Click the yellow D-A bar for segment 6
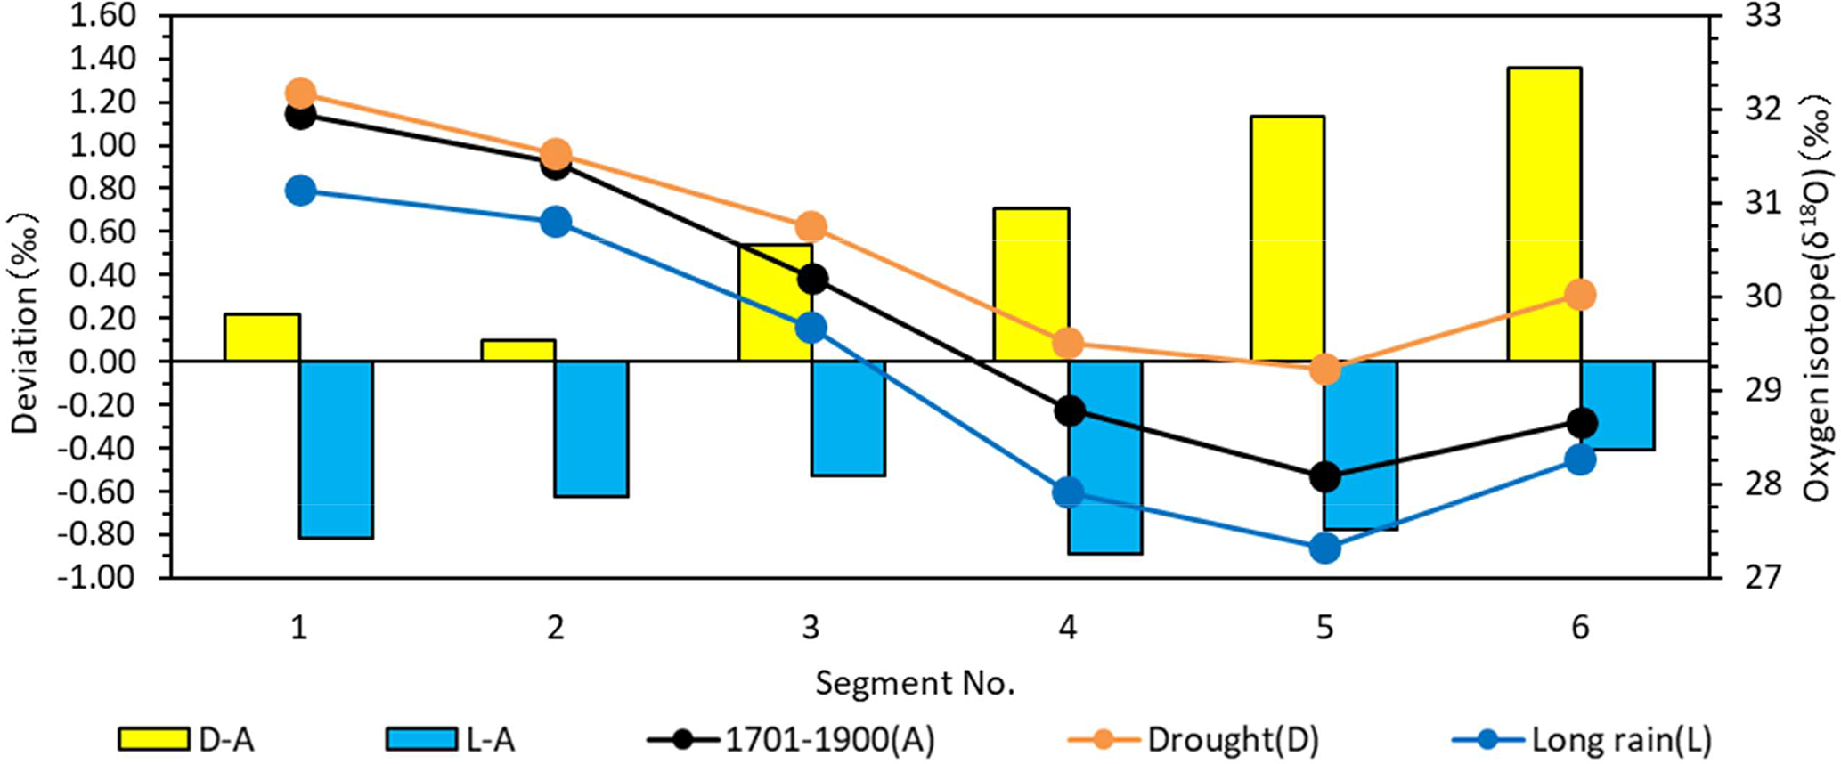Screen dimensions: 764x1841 [1544, 214]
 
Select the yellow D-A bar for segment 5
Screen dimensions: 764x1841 [1287, 239]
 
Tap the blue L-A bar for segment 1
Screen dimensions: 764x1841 [336, 450]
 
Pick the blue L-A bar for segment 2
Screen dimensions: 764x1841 [591, 429]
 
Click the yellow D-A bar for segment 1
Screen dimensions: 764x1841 [262, 337]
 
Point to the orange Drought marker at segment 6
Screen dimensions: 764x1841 [1580, 295]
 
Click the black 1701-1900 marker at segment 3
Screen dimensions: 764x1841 [812, 280]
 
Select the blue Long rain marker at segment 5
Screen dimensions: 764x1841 [1325, 549]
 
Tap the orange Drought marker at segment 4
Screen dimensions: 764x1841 [1068, 343]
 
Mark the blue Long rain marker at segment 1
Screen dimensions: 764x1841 [300, 191]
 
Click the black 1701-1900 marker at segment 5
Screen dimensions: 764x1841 [1325, 476]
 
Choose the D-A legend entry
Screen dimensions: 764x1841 [187, 739]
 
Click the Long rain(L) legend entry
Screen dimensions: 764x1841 [1581, 739]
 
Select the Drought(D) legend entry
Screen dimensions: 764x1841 [1193, 739]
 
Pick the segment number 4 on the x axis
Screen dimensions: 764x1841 [1068, 629]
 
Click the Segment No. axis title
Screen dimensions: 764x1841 [915, 684]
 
